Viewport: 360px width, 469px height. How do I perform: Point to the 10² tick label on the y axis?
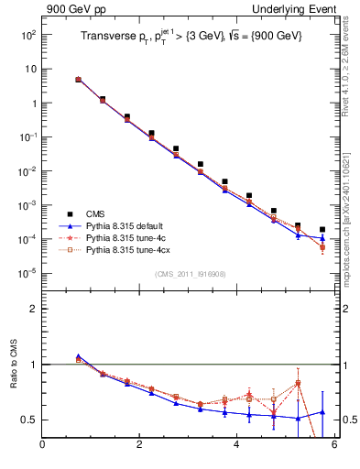coord(28,35)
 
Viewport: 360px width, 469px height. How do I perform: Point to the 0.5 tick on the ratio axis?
coord(27,420)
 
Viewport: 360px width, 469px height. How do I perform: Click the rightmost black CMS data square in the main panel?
coord(322,230)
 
